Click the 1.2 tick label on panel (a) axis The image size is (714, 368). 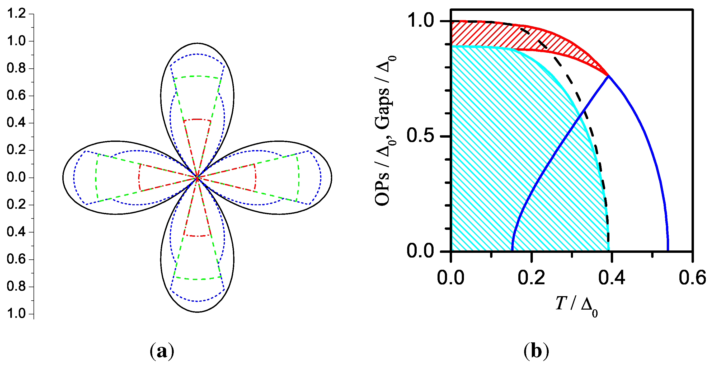(x=16, y=13)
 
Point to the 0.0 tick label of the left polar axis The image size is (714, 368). (x=16, y=177)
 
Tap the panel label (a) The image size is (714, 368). (x=162, y=351)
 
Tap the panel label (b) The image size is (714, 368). (x=536, y=351)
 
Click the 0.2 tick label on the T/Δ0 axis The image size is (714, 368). (x=531, y=278)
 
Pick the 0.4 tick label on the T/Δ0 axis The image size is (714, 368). (x=612, y=278)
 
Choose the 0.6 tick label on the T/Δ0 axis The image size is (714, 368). (x=692, y=278)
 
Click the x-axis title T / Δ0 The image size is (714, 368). (x=576, y=305)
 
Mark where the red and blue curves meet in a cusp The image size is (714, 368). (x=608, y=76)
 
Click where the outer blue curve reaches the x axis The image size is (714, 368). (x=668, y=251)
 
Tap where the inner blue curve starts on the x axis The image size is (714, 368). (x=512, y=251)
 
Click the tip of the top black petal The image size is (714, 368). (x=197, y=43)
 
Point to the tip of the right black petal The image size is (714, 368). (x=331, y=178)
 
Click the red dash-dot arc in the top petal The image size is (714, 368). (x=197, y=119)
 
